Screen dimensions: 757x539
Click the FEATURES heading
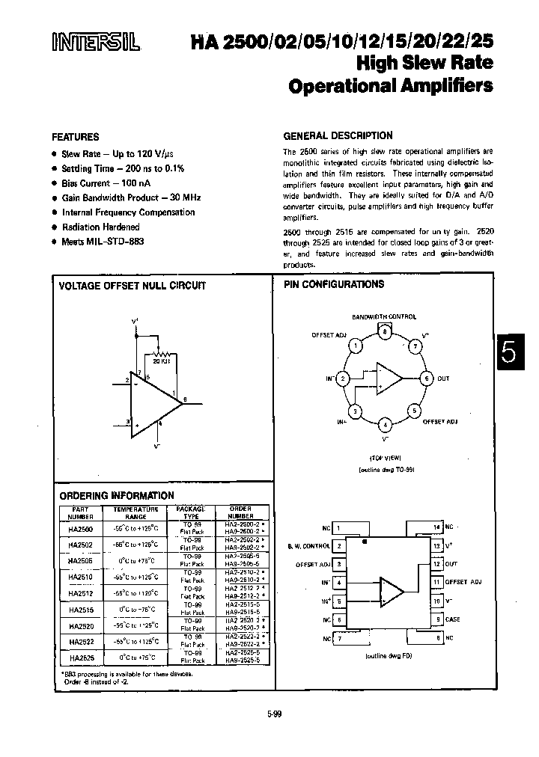[x=75, y=138]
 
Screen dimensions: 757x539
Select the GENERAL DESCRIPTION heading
[x=338, y=135]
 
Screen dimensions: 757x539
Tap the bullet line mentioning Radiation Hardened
[x=101, y=227]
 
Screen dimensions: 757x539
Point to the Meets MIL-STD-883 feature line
[x=103, y=242]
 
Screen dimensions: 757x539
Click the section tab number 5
[x=508, y=352]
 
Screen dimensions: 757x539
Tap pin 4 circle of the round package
[x=385, y=426]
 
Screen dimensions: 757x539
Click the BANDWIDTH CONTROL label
[x=384, y=317]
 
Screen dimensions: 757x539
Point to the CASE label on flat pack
[x=453, y=619]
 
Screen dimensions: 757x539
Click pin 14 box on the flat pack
[x=436, y=527]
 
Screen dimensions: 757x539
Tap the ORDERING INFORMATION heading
[x=116, y=495]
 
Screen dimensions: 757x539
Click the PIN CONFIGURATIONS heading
[x=334, y=284]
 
